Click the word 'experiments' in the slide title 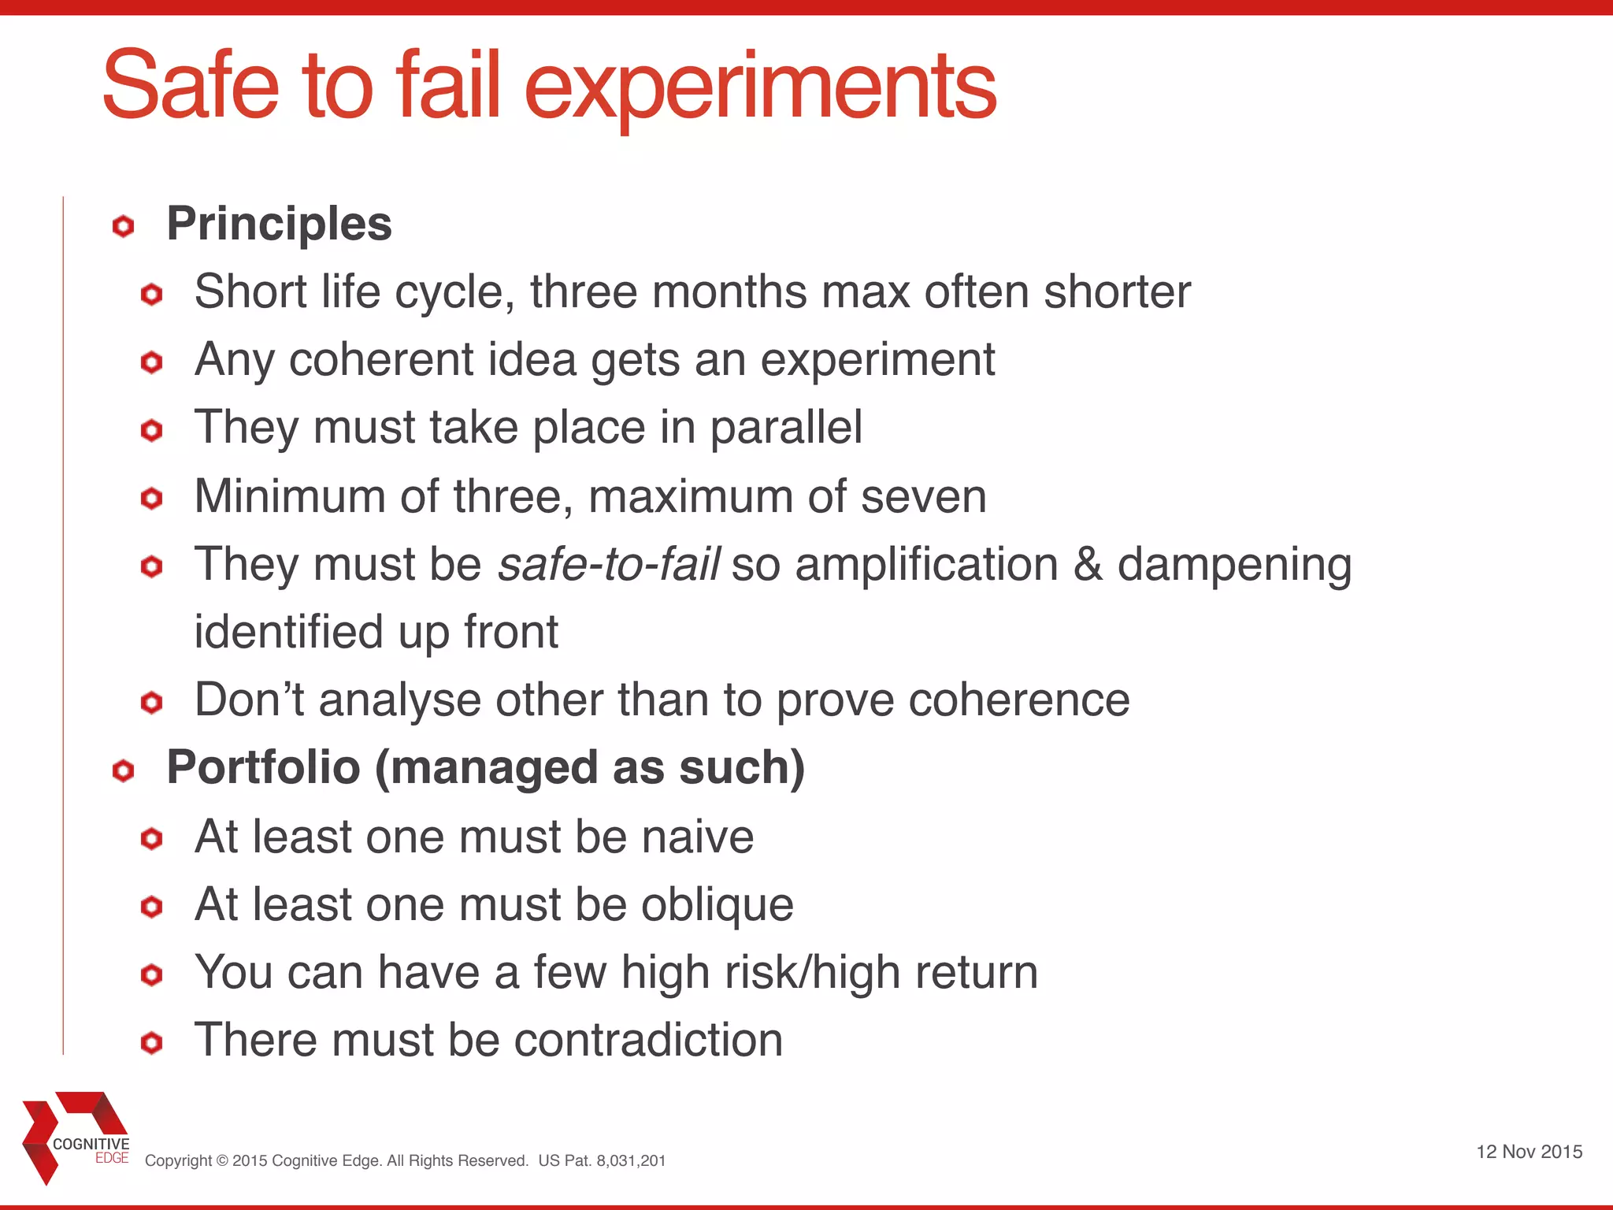pos(760,88)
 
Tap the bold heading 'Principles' pos(279,224)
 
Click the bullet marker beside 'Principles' pos(124,227)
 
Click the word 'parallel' pos(786,428)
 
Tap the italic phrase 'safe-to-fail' pos(609,565)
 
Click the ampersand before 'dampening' pos(1088,565)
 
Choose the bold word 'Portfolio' pos(263,768)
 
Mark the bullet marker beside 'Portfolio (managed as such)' pos(124,770)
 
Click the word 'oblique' pos(717,905)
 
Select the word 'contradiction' pos(648,1040)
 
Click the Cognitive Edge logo pos(76,1137)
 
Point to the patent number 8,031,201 pos(630,1160)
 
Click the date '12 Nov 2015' pos(1529,1152)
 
